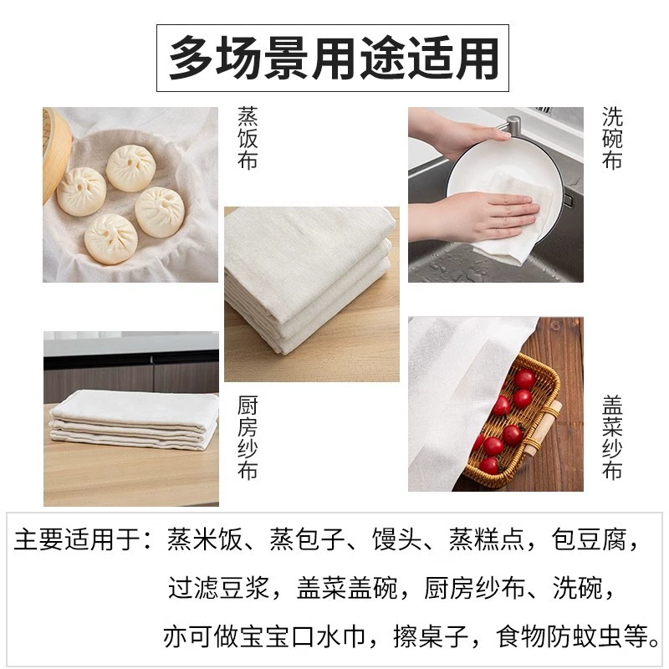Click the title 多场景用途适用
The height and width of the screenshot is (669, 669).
(333, 58)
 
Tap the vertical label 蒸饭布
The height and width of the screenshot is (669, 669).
(248, 138)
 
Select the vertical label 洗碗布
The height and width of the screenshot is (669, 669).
(612, 138)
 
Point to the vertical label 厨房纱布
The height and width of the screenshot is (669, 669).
(248, 437)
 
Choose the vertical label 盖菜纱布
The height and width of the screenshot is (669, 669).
(612, 437)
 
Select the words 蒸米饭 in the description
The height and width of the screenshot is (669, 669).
(204, 539)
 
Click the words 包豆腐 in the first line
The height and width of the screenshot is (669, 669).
(589, 539)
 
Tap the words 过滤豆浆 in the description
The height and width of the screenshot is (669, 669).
(218, 588)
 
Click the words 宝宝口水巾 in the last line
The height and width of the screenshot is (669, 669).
(302, 636)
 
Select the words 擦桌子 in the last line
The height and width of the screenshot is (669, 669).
(431, 636)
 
